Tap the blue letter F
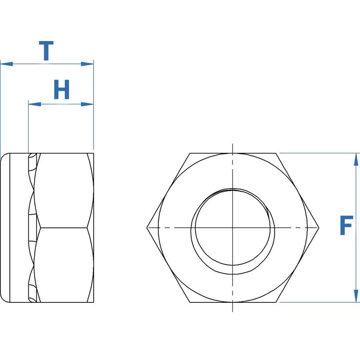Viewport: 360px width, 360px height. [x=346, y=226]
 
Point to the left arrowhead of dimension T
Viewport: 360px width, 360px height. [x=5, y=64]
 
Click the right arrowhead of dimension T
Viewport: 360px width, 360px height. [x=88, y=64]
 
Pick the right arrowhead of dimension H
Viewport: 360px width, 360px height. [x=88, y=104]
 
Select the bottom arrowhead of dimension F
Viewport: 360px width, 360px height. [x=356, y=297]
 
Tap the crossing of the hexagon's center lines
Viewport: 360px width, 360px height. [x=233, y=228]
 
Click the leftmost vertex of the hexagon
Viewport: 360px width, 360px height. [x=147, y=228]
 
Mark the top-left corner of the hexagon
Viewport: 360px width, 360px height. [x=189, y=153]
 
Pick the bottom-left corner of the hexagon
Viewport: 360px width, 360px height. [x=189, y=302]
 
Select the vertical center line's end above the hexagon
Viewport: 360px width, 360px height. [x=233, y=145]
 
